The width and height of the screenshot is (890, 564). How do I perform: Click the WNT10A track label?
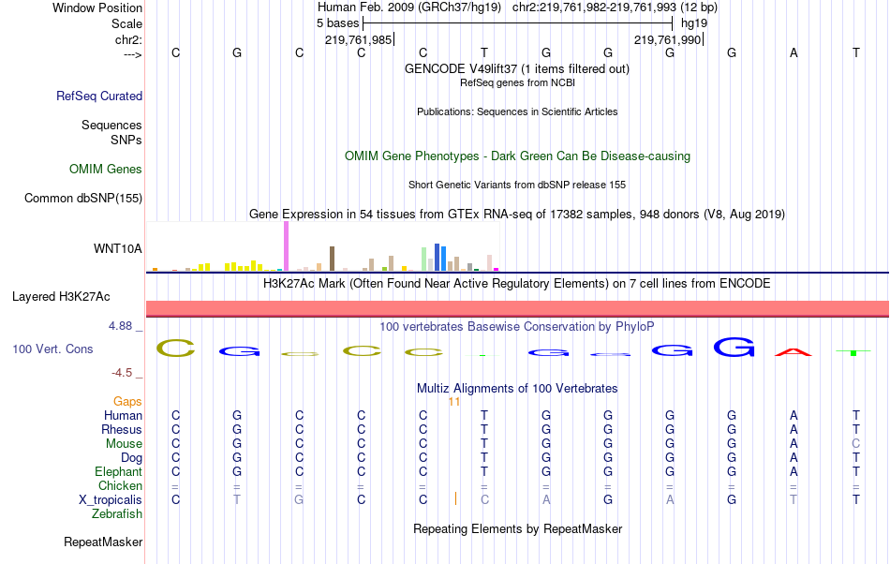[x=118, y=248]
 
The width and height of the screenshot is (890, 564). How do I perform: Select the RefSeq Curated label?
[x=99, y=96]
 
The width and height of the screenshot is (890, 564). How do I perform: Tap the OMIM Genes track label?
[x=106, y=170]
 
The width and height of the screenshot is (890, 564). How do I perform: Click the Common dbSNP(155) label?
[x=83, y=198]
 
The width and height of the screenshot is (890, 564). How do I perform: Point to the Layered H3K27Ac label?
[x=61, y=297]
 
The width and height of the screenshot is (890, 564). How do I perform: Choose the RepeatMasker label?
[x=103, y=542]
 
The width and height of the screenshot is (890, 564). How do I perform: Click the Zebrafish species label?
[x=117, y=514]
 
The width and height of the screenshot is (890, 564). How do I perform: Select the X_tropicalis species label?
[x=111, y=500]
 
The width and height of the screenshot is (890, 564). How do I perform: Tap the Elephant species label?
[x=118, y=472]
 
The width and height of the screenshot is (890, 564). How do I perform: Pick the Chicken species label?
[x=120, y=486]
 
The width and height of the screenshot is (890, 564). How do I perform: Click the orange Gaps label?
[x=127, y=401]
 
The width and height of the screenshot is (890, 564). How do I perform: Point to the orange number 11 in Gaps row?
[x=454, y=401]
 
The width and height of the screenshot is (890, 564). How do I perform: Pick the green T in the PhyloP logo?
[x=853, y=352]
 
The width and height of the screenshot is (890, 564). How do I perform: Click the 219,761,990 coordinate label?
[x=667, y=39]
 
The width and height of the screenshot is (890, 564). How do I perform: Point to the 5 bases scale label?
[x=337, y=22]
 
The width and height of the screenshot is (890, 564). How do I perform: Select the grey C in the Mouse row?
[x=855, y=443]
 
